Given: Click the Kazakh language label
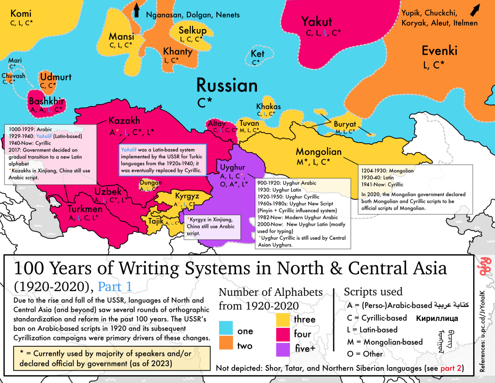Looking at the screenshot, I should click(124, 121).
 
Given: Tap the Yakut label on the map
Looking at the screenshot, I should click(316, 21).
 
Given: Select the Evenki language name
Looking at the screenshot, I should click(439, 51).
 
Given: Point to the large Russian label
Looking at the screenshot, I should click(226, 86).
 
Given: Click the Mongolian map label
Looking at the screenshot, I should click(318, 152).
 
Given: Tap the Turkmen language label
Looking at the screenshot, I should click(85, 209).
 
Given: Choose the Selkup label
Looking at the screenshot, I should click(193, 31).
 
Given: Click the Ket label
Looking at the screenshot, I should click(258, 54).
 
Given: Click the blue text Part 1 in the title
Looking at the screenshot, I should click(117, 287).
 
